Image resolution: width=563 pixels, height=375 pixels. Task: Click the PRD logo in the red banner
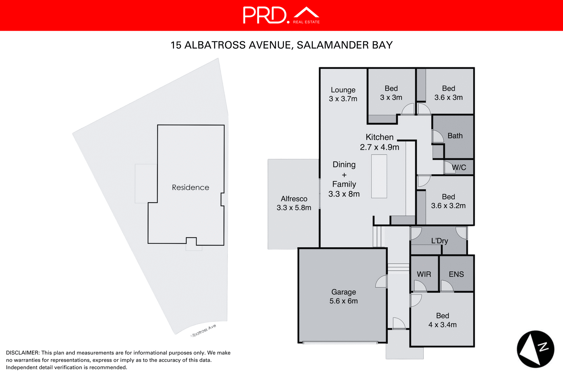(x=281, y=15)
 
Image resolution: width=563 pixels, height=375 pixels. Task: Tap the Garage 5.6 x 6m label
(x=343, y=296)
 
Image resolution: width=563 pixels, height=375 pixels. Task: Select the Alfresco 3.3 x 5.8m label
(x=294, y=203)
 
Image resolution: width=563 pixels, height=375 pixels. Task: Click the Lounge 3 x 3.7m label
(x=343, y=94)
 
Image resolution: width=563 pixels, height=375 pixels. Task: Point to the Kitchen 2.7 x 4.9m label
(x=379, y=142)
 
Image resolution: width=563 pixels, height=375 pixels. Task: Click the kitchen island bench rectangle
(x=379, y=176)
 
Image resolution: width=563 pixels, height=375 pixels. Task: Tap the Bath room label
(x=455, y=136)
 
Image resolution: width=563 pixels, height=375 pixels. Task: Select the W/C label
(x=459, y=167)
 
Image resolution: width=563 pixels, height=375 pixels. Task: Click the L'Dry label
(x=439, y=241)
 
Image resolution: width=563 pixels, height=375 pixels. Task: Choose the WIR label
(x=424, y=274)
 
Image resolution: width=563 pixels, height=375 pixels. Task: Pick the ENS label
(x=456, y=274)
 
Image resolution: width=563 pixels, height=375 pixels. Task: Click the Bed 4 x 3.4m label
(x=442, y=320)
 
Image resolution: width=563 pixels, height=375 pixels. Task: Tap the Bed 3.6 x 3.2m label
(x=448, y=201)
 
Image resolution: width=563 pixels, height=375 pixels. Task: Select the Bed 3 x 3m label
(x=391, y=93)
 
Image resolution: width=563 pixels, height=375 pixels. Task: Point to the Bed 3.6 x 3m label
(x=448, y=93)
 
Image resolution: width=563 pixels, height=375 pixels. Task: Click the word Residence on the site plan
(x=190, y=187)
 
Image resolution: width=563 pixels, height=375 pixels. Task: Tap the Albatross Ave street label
(x=203, y=331)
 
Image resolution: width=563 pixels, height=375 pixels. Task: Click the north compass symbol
(x=535, y=349)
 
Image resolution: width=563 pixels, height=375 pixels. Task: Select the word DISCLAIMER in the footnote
(x=23, y=353)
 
